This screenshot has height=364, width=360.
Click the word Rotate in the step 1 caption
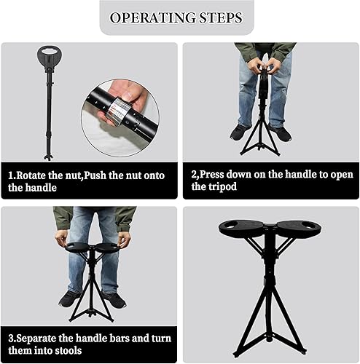coord(36,175)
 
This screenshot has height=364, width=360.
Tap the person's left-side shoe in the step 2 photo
coord(240,132)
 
